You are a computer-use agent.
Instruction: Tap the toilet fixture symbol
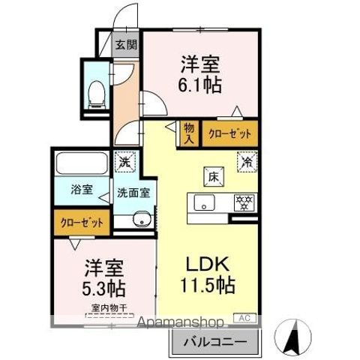[95, 91]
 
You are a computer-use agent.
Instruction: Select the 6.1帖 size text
[200, 85]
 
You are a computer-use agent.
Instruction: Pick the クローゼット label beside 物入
[229, 133]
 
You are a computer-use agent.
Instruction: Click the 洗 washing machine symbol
[122, 160]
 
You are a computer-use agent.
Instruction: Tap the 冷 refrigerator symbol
[245, 160]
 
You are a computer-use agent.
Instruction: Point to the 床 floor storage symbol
[212, 178]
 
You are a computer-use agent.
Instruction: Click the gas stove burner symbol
[244, 202]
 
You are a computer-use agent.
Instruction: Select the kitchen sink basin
[205, 202]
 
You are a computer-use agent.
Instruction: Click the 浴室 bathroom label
[82, 190]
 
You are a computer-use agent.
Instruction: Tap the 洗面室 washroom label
[133, 192]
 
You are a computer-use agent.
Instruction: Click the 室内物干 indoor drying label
[106, 307]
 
